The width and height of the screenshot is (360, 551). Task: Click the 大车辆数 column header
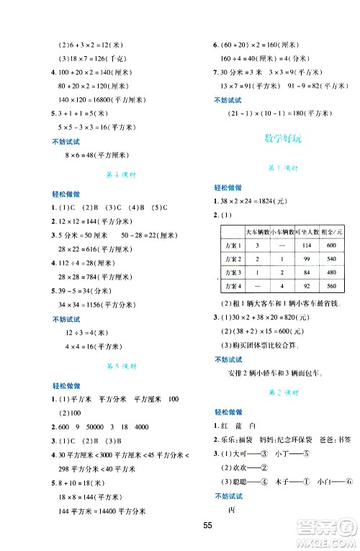(x=257, y=232)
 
